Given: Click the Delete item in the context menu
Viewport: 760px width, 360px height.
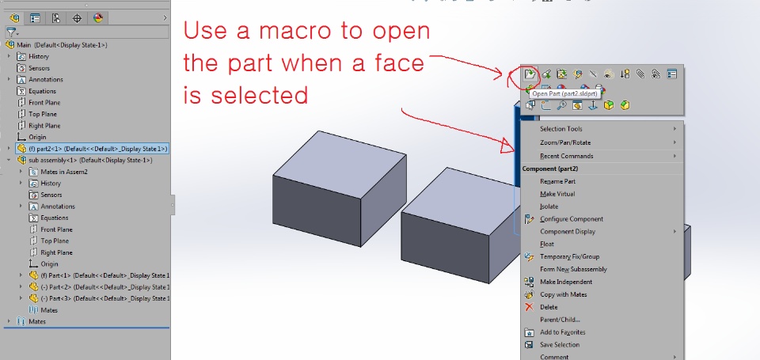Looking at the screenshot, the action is pos(549,307).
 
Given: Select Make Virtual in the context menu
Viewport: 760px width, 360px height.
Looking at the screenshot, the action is pos(557,194).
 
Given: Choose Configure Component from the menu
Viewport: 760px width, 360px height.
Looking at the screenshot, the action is pos(572,219).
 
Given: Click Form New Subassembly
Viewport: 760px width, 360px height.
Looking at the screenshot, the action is pos(573,269).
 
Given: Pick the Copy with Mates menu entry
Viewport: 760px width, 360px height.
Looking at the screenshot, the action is pos(563,294).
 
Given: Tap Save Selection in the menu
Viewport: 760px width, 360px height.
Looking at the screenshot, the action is pos(560,345).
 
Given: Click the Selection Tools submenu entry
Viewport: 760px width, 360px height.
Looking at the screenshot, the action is pos(560,129).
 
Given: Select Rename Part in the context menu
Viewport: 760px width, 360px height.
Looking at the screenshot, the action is pos(557,181).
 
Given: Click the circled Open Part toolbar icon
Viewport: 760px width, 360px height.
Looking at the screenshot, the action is pos(530,74).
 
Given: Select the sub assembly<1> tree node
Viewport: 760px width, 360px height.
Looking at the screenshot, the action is pos(90,161).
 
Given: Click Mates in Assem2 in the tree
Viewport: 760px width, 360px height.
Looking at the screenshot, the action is pos(64,172).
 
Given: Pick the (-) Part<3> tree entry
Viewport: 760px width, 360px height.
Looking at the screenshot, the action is pos(105,298).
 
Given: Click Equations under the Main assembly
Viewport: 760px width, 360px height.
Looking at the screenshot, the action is pos(42,91).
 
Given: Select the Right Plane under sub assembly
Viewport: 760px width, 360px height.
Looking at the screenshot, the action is pos(56,252).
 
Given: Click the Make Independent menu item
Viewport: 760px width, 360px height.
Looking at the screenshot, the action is pos(566,282).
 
